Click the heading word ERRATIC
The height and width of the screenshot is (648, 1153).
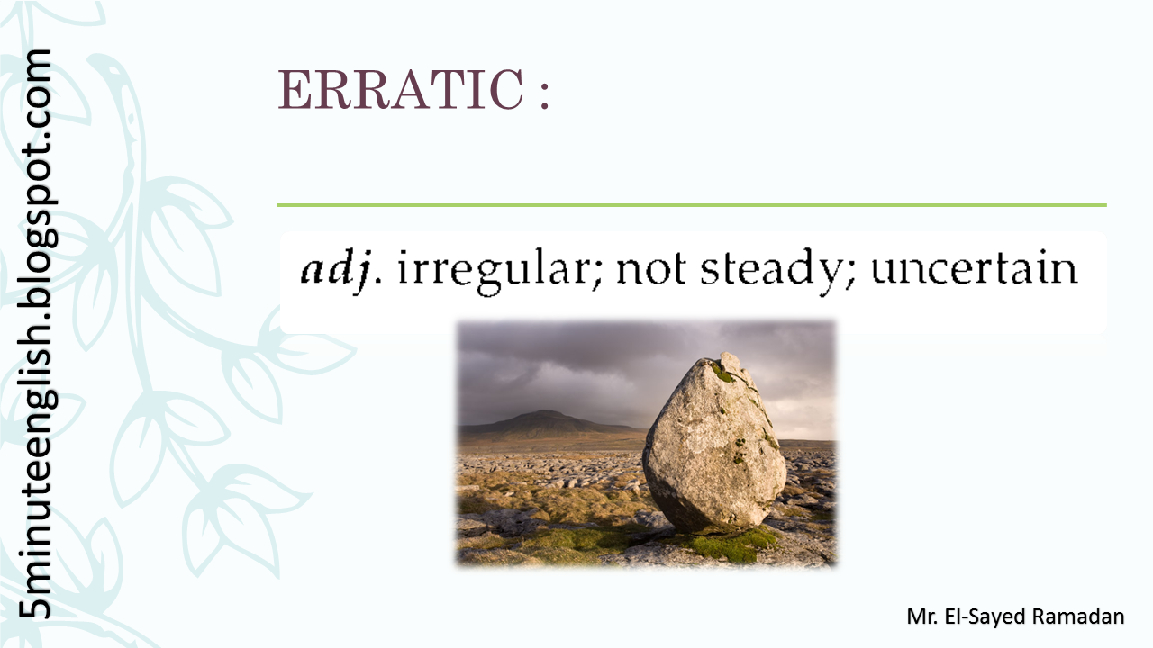[400, 90]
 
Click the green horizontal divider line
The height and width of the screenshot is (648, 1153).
[692, 205]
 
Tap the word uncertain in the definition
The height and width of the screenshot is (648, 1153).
[974, 269]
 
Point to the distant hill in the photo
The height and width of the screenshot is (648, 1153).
[540, 421]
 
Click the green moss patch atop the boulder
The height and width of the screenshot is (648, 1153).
[722, 371]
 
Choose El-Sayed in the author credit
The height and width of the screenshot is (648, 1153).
[987, 616]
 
